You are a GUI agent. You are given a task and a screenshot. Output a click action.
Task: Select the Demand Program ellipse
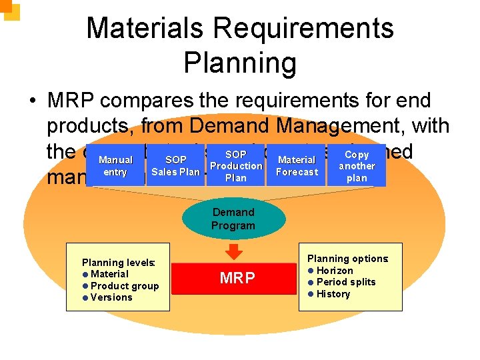coord(233,219)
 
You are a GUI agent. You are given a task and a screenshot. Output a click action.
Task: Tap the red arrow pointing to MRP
coord(234,252)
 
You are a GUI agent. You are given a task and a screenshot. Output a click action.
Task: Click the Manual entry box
coord(115,166)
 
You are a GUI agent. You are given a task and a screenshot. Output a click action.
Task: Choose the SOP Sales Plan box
coord(175,166)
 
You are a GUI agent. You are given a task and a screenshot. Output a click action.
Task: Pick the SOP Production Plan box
coord(236,166)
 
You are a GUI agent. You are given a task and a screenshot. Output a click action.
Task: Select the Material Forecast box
coord(297,166)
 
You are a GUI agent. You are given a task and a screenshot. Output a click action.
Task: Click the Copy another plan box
coord(357,166)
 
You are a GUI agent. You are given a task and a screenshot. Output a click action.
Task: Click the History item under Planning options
coord(333,294)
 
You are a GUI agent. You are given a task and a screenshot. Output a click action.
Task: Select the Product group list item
coord(124,286)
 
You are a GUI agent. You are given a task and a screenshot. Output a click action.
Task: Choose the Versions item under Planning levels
coord(111,297)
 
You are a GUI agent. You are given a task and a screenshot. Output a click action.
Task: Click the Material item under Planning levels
coord(109,274)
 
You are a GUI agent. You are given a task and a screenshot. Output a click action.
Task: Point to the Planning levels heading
coord(118,263)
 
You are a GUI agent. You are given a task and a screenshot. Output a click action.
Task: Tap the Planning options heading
coord(348,259)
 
